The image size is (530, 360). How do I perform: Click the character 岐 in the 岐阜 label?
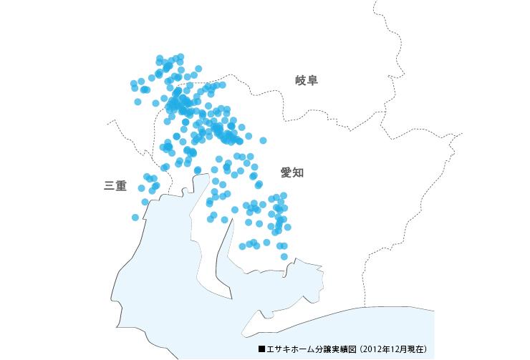(301, 80)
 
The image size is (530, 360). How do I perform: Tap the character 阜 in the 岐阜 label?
(312, 80)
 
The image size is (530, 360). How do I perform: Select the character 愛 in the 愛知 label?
(286, 172)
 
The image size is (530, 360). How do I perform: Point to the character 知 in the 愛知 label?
(299, 172)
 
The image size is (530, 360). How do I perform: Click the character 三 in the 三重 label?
(110, 186)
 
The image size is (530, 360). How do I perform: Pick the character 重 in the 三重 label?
(121, 186)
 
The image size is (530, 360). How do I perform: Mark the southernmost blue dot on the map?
(284, 256)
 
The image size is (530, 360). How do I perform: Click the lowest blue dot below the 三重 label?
(135, 217)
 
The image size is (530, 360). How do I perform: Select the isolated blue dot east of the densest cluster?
(263, 140)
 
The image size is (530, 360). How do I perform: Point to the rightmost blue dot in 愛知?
(288, 227)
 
